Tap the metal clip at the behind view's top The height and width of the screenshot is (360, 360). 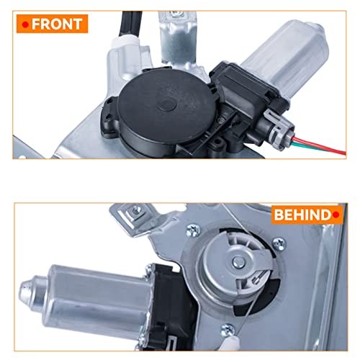tap(130, 213)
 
